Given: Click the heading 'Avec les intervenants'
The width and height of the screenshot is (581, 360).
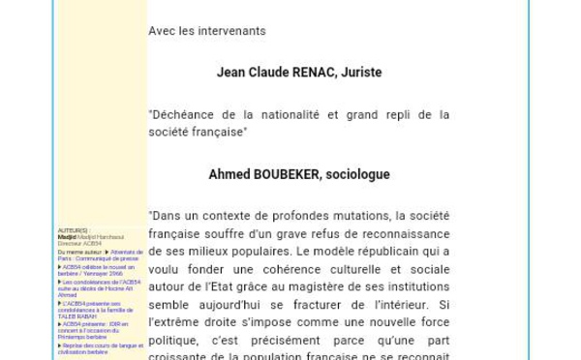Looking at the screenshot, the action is tap(207, 31).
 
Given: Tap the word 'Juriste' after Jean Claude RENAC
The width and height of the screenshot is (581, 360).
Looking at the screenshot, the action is tap(360, 73).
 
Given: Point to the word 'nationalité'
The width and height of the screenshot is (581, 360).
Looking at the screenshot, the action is tap(286, 114).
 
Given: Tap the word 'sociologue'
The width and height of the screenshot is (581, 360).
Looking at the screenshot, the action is tap(357, 175).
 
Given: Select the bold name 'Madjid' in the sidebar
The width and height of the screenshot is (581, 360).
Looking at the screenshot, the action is tap(66, 237).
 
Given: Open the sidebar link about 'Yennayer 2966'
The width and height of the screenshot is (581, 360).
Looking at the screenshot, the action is tap(97, 270).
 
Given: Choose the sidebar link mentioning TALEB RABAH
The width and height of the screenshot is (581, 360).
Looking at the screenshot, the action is tap(92, 310).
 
